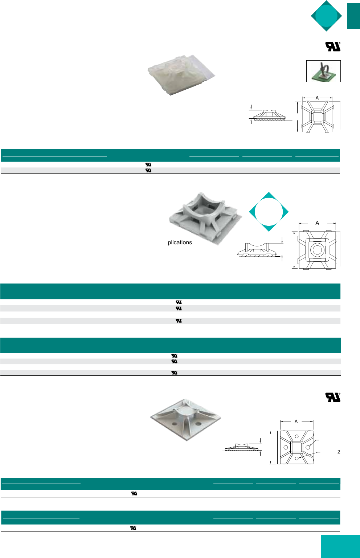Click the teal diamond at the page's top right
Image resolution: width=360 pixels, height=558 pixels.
pos(326,16)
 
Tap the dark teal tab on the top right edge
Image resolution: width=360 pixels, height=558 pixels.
pos(353,16)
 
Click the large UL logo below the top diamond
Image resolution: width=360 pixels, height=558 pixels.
pos(332,47)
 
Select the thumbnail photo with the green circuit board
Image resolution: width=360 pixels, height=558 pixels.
pos(323,71)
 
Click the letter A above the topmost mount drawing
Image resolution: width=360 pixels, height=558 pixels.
pos(317,98)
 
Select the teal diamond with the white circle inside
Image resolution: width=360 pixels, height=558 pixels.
pos(269,212)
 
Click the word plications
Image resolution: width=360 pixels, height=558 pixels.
pos(180,243)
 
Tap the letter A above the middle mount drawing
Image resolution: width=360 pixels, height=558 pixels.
pos(317,223)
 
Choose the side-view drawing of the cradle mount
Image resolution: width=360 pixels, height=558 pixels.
pos(258,250)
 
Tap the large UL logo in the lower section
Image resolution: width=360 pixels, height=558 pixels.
pos(333,397)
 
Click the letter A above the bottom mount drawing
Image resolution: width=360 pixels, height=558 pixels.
pos(296,421)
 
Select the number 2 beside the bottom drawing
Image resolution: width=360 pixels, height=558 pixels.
pos(339,452)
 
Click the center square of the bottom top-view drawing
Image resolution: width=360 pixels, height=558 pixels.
pos(296,447)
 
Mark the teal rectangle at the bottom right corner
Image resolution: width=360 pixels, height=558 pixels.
pos(340,546)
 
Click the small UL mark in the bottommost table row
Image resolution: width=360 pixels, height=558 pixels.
pos(133,528)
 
